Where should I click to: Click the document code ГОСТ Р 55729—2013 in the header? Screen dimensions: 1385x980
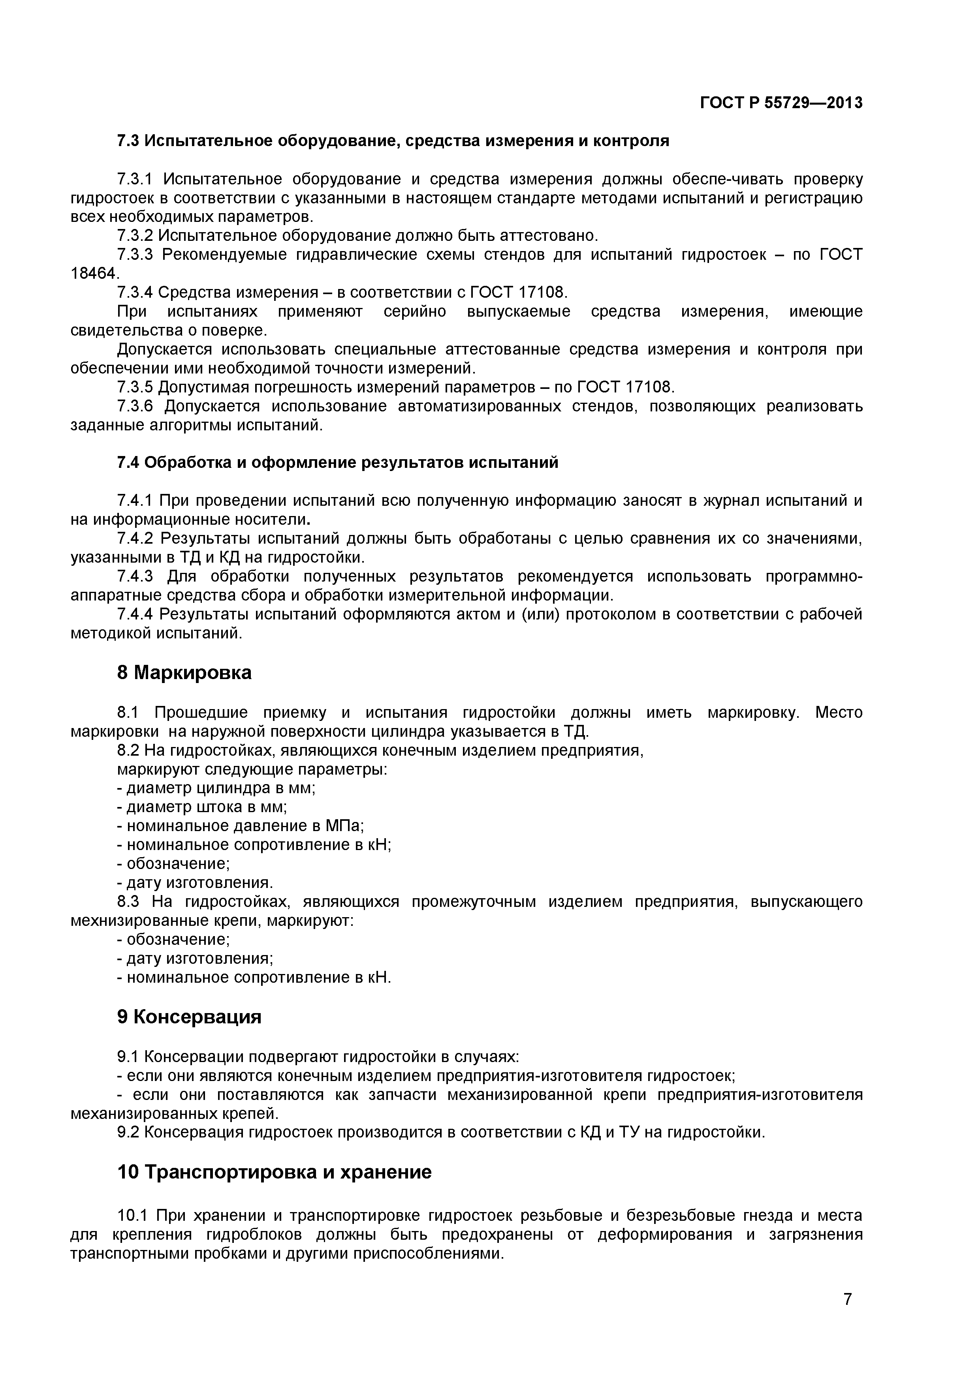coord(781,103)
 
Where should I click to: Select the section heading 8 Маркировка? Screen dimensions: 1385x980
coord(184,673)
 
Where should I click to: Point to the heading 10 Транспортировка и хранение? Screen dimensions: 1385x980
coord(274,1172)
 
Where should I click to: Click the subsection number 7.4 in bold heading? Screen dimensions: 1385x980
coord(128,463)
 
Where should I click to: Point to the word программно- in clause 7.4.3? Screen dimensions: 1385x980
coord(814,577)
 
